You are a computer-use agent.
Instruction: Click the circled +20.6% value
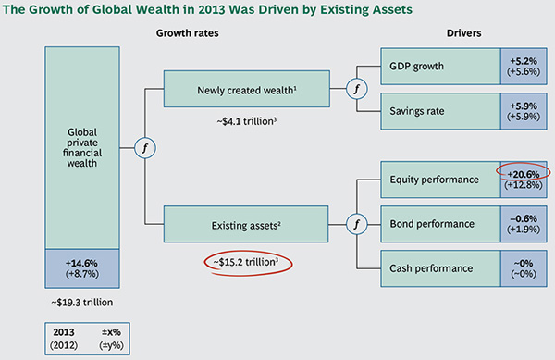tap(523, 172)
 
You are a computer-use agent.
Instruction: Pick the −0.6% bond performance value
tap(523, 217)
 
